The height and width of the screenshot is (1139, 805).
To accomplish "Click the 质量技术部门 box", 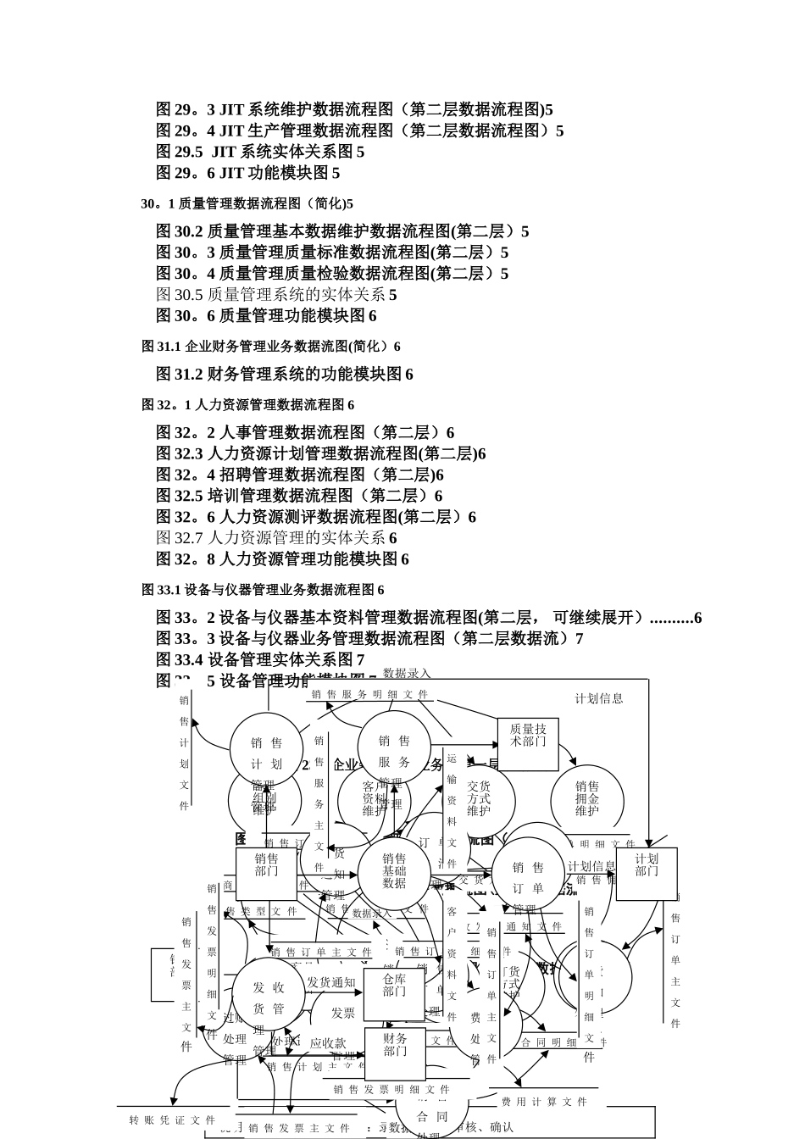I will click(528, 735).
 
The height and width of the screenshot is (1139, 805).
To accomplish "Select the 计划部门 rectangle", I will click(647, 866).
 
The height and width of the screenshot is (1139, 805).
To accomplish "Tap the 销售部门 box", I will click(266, 866).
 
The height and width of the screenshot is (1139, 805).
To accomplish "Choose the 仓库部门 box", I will click(394, 986).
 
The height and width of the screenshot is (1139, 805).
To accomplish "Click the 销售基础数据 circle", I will click(394, 871).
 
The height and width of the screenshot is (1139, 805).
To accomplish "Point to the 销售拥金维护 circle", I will click(587, 799).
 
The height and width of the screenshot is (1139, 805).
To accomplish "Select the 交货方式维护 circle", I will click(479, 799).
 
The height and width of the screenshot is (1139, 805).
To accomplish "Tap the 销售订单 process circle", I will click(528, 878).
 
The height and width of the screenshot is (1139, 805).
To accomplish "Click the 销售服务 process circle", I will click(394, 751).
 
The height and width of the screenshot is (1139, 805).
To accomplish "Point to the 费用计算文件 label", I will click(544, 1102).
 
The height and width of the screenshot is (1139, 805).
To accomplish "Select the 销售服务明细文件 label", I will click(369, 694).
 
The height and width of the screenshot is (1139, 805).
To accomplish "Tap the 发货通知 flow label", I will click(331, 982).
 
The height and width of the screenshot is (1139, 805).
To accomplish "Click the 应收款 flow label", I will click(328, 1043).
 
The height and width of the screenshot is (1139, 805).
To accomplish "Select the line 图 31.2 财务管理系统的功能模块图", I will click(285, 375).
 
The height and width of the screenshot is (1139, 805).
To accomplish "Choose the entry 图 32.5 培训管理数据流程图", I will click(299, 496).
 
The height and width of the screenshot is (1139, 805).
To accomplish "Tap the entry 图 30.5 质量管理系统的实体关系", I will click(276, 295).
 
